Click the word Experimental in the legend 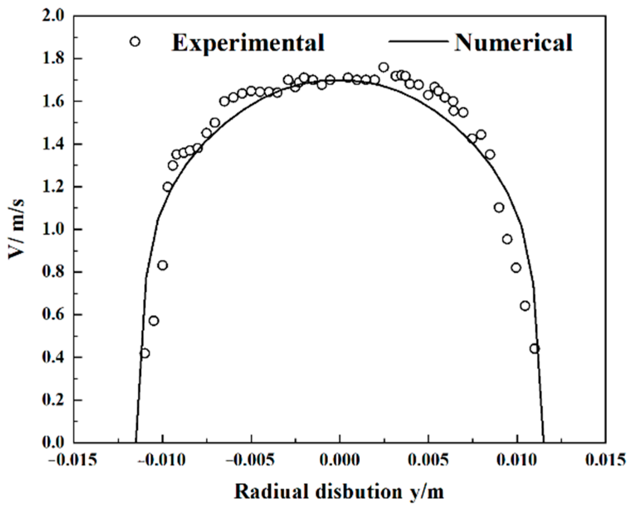[248, 43]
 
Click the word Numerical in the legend [513, 43]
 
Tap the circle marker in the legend [135, 41]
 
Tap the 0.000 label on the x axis [340, 460]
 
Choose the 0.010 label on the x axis [517, 460]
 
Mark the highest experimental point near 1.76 [384, 67]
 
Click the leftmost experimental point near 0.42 [145, 353]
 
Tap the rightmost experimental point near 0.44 [534, 349]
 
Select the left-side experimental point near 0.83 [163, 265]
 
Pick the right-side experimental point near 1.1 [499, 207]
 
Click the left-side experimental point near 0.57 [154, 321]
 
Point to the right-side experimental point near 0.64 [525, 306]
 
